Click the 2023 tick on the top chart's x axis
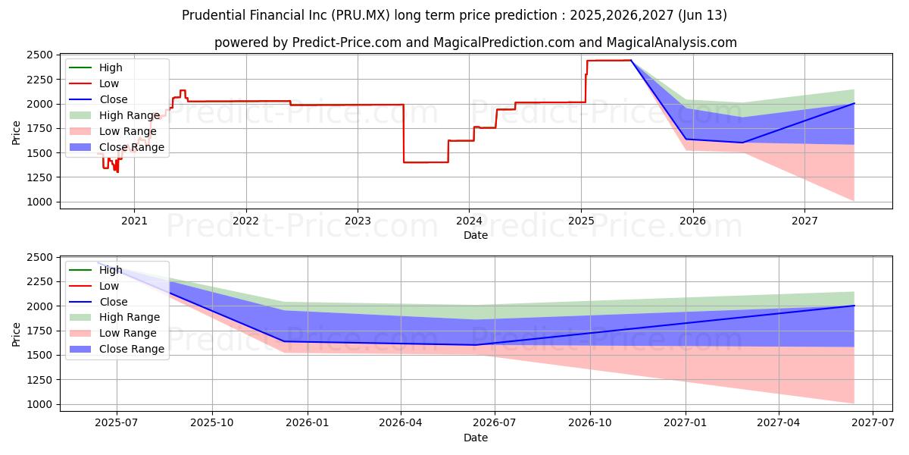pos(358,221)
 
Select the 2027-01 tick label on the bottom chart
pos(686,423)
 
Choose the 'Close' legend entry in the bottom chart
pos(114,302)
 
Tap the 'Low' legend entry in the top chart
pos(109,83)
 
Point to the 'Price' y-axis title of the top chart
pos(17,133)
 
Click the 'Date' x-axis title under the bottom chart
pos(476,438)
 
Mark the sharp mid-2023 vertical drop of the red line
pos(404,133)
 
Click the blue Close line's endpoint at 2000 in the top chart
pos(854,103)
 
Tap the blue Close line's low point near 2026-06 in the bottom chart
pos(475,345)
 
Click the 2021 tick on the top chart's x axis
pos(134,221)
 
